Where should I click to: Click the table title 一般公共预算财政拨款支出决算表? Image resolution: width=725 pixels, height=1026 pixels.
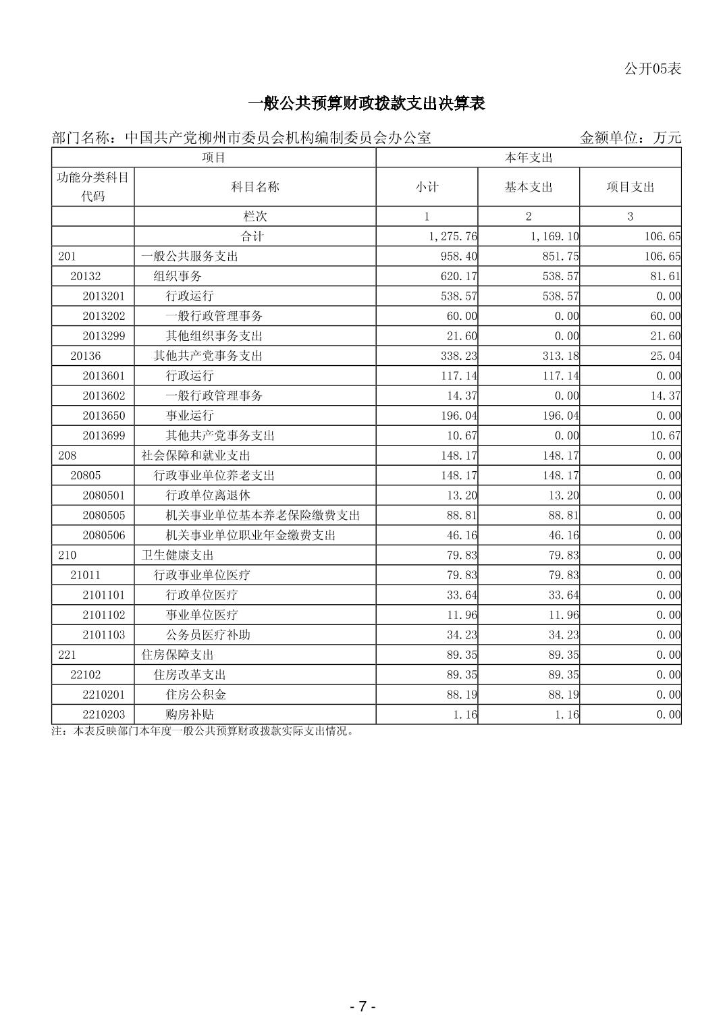click(x=367, y=103)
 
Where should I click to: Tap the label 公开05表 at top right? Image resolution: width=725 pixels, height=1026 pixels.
click(x=652, y=68)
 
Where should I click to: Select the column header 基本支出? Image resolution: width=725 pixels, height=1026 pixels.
click(x=528, y=187)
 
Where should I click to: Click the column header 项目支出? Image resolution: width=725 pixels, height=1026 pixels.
click(x=630, y=187)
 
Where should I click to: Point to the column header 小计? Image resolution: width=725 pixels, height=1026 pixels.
click(x=427, y=187)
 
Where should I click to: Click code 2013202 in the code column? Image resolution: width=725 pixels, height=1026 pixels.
click(x=103, y=316)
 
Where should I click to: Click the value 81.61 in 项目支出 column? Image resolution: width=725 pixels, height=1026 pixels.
click(x=666, y=276)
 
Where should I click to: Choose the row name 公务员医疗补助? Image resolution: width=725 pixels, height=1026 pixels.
click(x=208, y=635)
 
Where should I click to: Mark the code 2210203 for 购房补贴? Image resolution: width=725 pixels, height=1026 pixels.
click(x=103, y=715)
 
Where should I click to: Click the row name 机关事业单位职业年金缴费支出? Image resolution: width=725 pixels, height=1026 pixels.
click(x=250, y=535)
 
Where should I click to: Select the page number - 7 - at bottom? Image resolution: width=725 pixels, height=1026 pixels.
click(x=362, y=1006)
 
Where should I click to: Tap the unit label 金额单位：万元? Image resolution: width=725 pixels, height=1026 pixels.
click(x=630, y=138)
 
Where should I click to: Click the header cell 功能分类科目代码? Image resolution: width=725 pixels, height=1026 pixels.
click(x=93, y=186)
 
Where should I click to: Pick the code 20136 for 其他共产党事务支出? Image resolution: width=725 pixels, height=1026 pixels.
click(x=86, y=356)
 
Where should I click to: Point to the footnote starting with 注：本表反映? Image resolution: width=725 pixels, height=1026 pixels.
click(x=203, y=731)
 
